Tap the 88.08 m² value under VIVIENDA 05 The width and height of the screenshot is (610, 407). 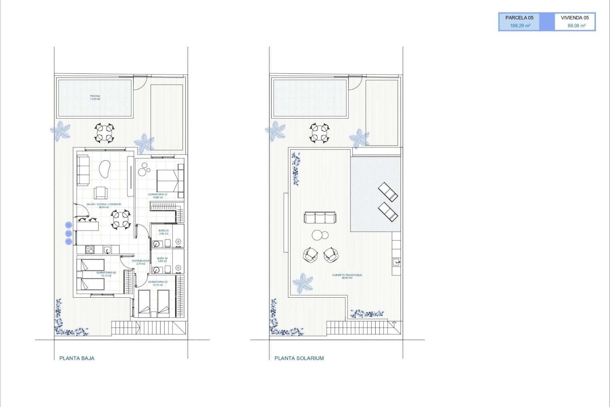(576, 26)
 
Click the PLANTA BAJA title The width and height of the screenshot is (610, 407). (77, 358)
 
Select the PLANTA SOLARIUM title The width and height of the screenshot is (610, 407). (299, 358)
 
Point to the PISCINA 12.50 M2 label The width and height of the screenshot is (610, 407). (95, 97)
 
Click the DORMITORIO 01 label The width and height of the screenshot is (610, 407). (158, 196)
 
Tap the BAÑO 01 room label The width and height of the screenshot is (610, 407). (164, 232)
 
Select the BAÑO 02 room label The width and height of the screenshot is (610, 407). (162, 259)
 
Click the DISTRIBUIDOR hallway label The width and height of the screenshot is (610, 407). (140, 262)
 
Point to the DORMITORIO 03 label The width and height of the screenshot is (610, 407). (106, 274)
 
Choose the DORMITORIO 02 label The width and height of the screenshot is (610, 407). (158, 283)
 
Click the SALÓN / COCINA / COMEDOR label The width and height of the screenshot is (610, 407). (104, 205)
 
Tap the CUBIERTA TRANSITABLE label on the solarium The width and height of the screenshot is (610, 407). (347, 276)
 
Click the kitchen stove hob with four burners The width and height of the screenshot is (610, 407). (90, 250)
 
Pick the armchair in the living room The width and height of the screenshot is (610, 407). (101, 193)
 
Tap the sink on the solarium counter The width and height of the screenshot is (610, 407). (396, 262)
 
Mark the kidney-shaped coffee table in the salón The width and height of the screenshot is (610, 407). (105, 169)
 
